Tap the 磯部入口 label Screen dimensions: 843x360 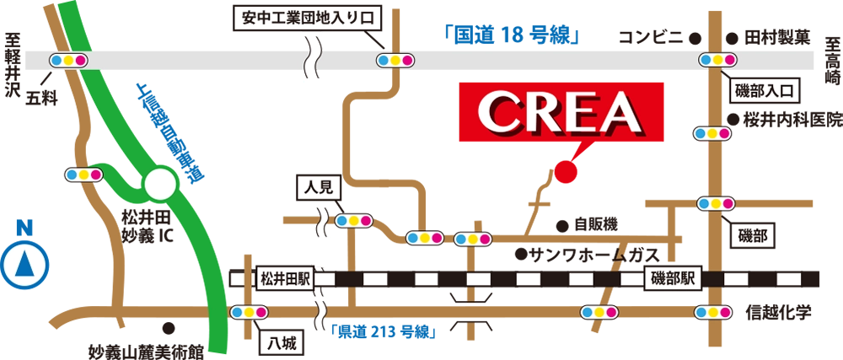click(x=764, y=90)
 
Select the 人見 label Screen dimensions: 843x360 click(x=316, y=187)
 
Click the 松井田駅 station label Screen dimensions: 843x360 click(x=284, y=277)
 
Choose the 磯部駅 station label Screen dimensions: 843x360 click(x=673, y=278)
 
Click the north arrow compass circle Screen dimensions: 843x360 click(x=24, y=265)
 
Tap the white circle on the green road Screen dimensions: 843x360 click(x=160, y=184)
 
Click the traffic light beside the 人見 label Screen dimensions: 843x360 click(x=354, y=221)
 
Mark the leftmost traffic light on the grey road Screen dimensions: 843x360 click(x=68, y=61)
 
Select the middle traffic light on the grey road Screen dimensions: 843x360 click(x=395, y=60)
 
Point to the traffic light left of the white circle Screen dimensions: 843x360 click(x=83, y=175)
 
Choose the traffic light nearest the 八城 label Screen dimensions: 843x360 click(x=249, y=312)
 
